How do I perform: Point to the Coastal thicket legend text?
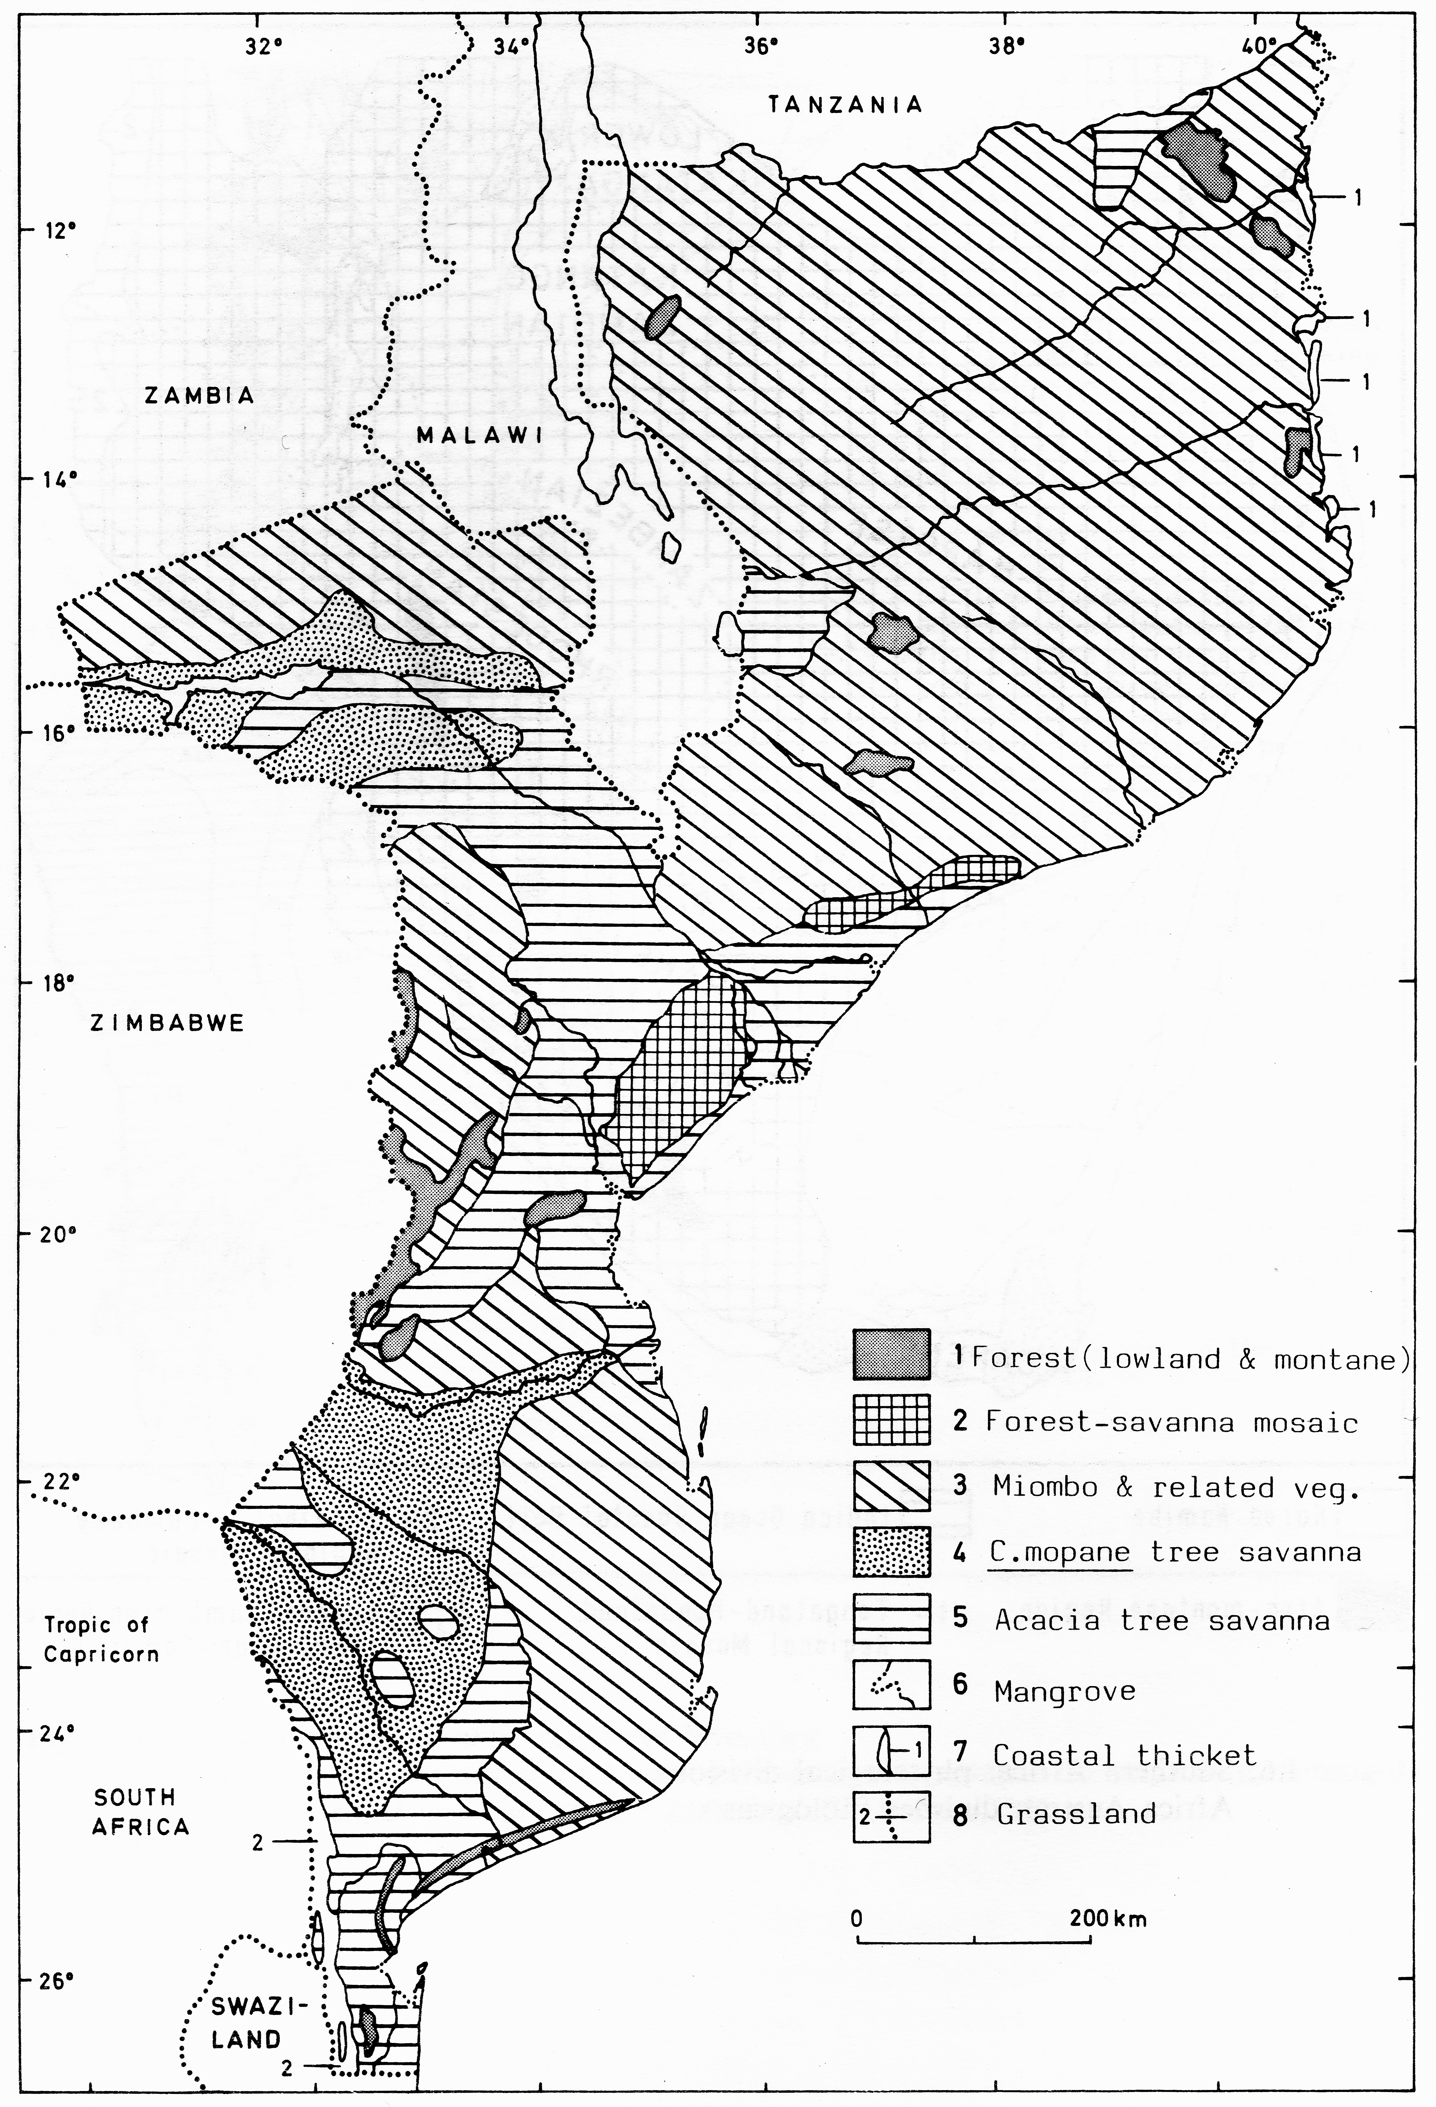[x=1124, y=1755]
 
